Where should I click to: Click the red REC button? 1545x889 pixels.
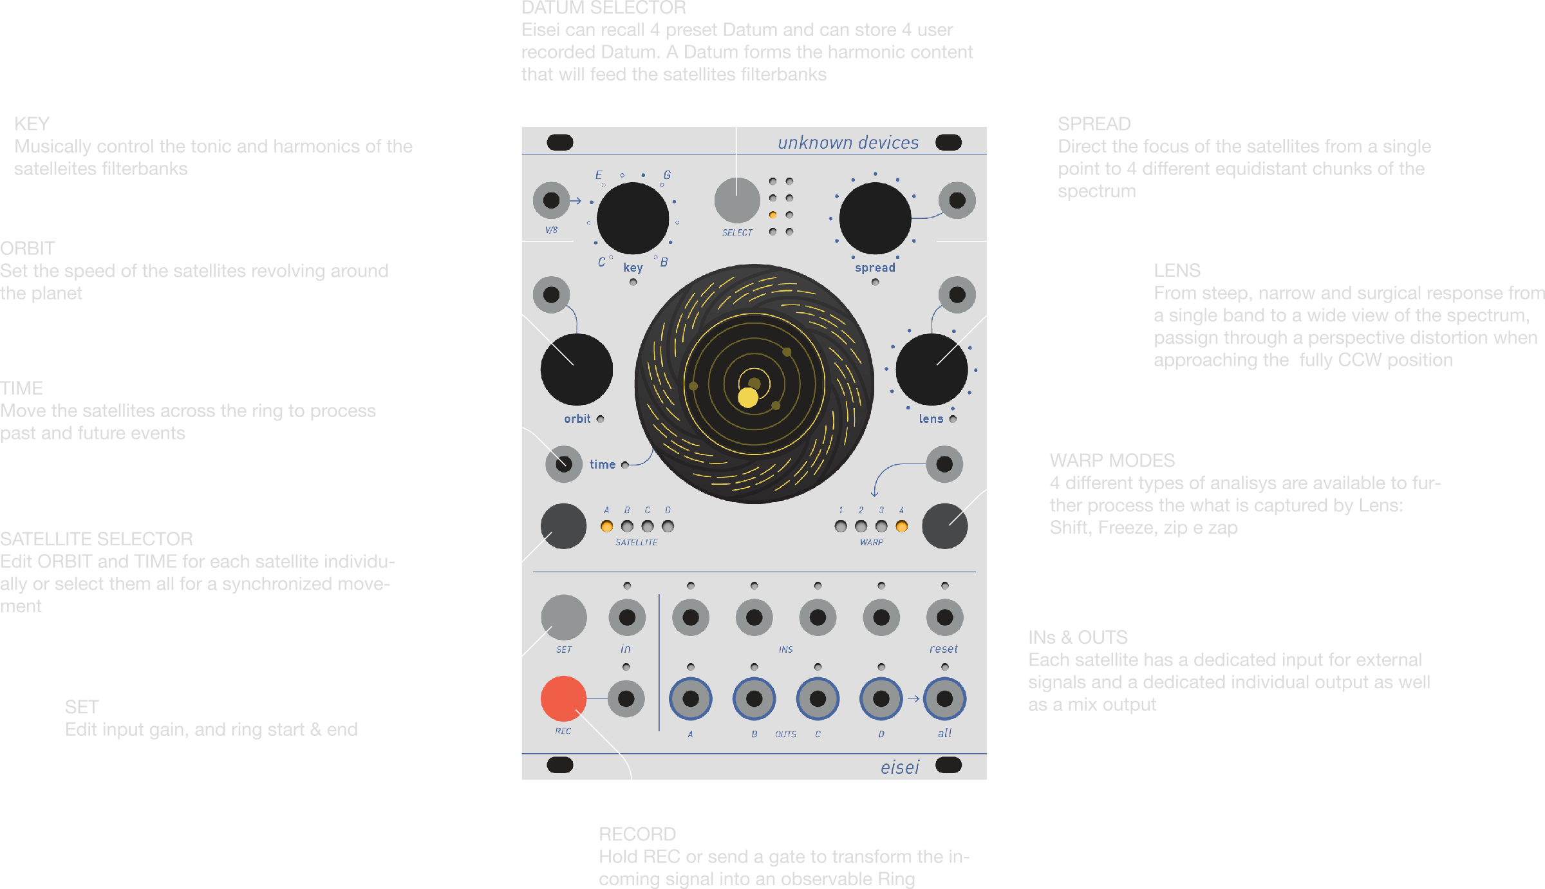click(x=563, y=698)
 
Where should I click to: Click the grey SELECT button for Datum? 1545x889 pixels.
click(x=737, y=200)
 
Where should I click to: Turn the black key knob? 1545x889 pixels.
click(x=632, y=218)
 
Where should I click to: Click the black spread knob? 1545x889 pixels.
click(x=875, y=218)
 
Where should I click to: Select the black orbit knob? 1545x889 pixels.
click(x=576, y=370)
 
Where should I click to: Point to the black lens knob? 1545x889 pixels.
click(x=932, y=370)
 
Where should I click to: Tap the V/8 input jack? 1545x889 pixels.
click(x=551, y=200)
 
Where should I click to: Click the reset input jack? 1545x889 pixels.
click(x=944, y=617)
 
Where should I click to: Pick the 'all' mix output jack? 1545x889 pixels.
click(x=944, y=698)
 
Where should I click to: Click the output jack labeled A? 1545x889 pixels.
click(x=690, y=698)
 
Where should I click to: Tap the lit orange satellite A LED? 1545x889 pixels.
click(x=606, y=526)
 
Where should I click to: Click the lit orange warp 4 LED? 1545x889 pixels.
click(x=902, y=526)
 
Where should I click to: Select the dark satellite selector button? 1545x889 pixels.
click(x=563, y=526)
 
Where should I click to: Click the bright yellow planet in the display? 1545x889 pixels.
click(x=747, y=397)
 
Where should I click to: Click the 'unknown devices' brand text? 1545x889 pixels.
click(x=848, y=142)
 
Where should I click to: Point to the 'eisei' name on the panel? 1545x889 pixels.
click(x=900, y=767)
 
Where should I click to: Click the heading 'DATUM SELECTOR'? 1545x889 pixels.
click(x=604, y=8)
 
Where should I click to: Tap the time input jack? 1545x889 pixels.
click(x=563, y=463)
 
